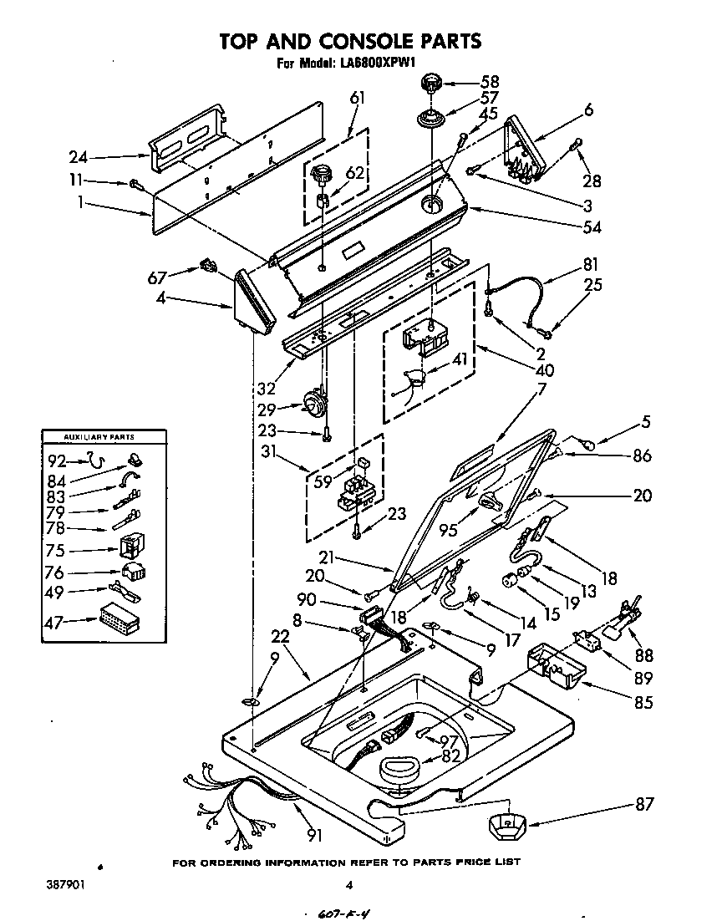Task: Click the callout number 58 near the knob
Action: (x=489, y=82)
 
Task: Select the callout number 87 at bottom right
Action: (x=643, y=804)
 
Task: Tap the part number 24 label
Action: (x=78, y=156)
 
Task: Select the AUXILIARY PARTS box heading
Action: (x=99, y=437)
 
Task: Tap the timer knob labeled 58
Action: (x=431, y=83)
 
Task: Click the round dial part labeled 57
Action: (x=431, y=117)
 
